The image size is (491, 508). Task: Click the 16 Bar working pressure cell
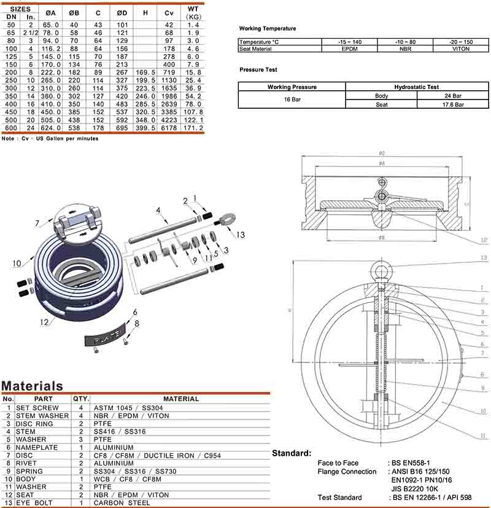tap(292, 100)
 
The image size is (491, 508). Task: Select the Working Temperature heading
tap(267, 29)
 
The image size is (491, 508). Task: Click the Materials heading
tap(32, 386)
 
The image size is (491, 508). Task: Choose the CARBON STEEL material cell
tap(122, 503)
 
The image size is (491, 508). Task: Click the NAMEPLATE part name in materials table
tap(37, 447)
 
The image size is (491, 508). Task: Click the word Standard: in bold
tap(292, 453)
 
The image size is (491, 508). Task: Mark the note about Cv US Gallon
tap(50, 139)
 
